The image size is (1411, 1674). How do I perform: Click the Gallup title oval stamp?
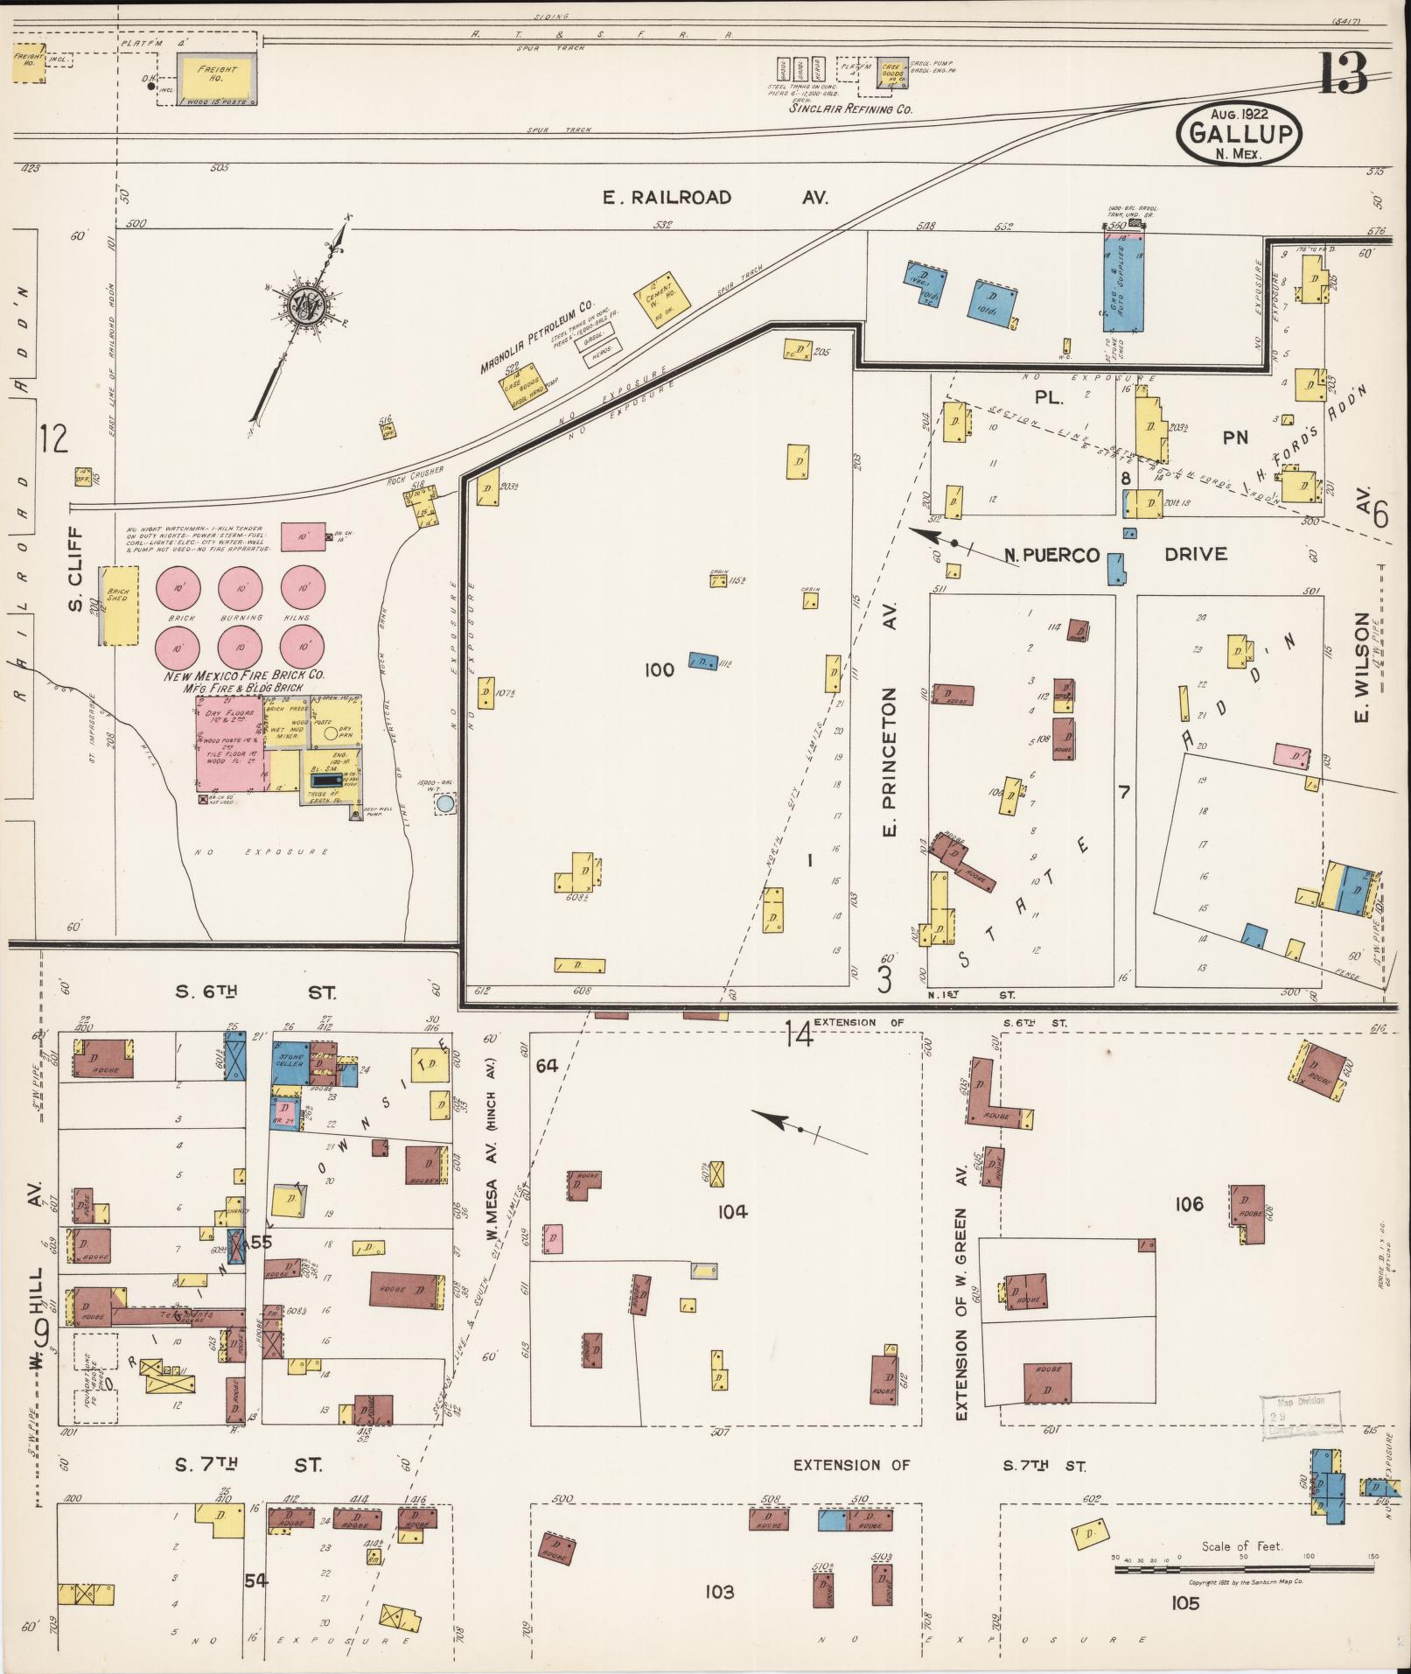point(1240,133)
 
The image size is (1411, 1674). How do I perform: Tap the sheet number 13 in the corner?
point(1343,74)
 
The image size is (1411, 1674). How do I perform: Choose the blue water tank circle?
point(444,802)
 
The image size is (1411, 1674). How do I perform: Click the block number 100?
point(659,670)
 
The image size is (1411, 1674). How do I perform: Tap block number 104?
point(732,1212)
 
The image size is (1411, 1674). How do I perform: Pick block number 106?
point(1189,1204)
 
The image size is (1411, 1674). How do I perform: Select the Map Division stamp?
point(1299,1417)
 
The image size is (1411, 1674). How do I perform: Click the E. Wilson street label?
point(1362,669)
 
